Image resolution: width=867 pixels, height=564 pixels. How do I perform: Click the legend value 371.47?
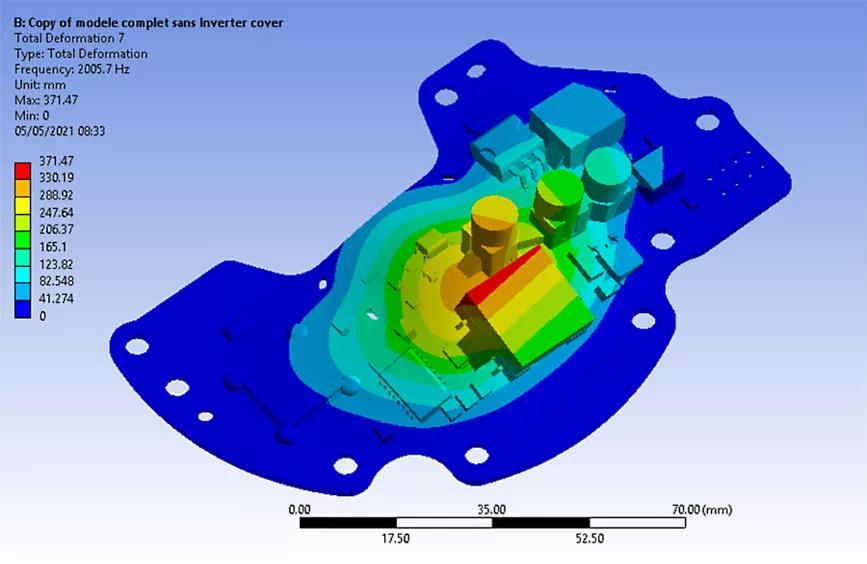(56, 161)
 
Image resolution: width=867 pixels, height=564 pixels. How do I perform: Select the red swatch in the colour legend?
(23, 170)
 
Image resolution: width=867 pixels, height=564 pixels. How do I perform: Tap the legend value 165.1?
(53, 247)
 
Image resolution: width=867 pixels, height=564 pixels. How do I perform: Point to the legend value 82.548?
(56, 281)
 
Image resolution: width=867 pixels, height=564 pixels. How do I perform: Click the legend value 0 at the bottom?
(43, 316)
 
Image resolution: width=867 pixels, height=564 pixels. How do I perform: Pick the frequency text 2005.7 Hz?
(103, 69)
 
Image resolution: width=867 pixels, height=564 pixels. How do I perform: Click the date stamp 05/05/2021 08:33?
(60, 131)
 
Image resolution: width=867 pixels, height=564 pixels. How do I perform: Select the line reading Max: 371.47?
(46, 100)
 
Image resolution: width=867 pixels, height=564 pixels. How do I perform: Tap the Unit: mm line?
(40, 85)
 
